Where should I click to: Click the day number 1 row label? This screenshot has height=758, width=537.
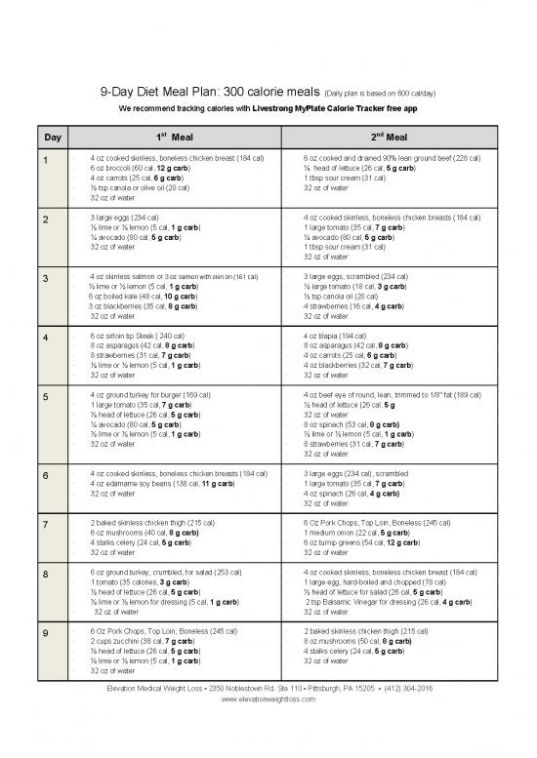[43, 159]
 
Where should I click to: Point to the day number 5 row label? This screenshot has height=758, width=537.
[43, 396]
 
